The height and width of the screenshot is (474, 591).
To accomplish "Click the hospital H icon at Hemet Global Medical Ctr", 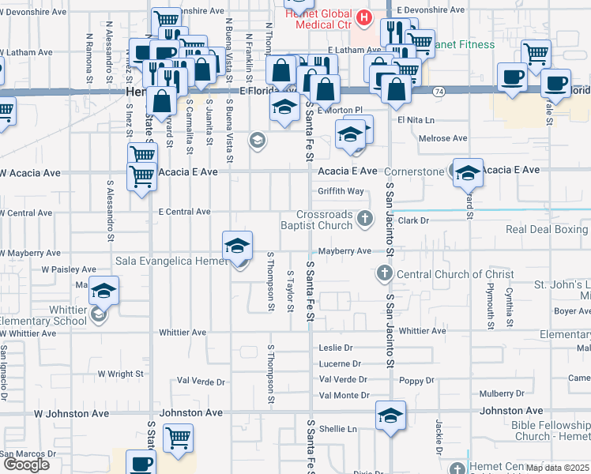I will tap(363, 17).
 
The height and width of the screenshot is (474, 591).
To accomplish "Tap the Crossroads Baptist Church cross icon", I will tap(364, 218).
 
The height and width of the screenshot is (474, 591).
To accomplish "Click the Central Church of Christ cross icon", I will tap(385, 274).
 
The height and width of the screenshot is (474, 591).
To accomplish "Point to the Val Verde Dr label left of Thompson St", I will tap(203, 381).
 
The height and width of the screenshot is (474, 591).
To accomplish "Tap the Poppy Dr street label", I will tap(417, 380).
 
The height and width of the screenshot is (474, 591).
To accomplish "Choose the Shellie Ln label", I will tap(338, 429).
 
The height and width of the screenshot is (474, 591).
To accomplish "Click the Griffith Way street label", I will tap(341, 191).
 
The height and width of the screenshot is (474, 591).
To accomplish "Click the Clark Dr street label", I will tap(412, 221).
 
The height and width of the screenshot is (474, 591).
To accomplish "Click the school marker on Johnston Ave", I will tap(390, 415).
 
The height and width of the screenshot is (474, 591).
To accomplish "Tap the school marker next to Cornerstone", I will tap(468, 171).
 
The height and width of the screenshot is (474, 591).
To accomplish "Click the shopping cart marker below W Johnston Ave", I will tap(178, 437).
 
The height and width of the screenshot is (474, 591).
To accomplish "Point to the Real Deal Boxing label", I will tap(548, 229).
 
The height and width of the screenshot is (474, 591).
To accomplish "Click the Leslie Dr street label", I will tap(335, 348).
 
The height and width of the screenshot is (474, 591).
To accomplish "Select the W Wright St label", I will tap(121, 373).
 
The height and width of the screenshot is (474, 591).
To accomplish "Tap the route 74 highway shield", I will tap(437, 92).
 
